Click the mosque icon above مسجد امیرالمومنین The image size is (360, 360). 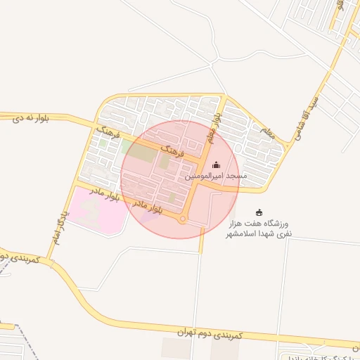pyautogui.click(x=215, y=165)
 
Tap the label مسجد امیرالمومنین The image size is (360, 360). pyautogui.click(x=216, y=177)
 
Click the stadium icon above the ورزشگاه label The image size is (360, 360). pyautogui.click(x=259, y=212)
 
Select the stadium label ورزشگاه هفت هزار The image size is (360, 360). pyautogui.click(x=271, y=223)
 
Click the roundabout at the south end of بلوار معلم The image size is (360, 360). pyautogui.click(x=182, y=219)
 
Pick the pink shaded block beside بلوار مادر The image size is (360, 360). pyautogui.click(x=98, y=207)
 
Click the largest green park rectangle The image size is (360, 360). pyautogui.click(x=141, y=151)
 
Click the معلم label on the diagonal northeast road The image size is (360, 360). pyautogui.click(x=266, y=130)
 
